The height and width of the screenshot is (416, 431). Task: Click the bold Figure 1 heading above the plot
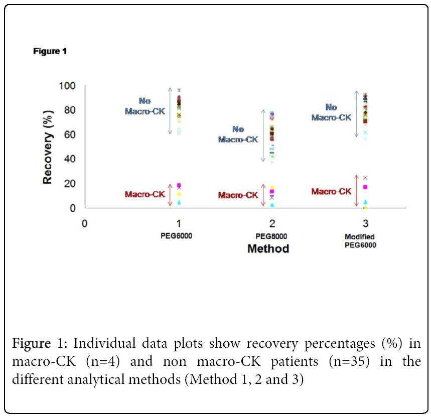[x=50, y=51]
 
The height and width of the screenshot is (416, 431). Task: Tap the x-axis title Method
[x=268, y=248]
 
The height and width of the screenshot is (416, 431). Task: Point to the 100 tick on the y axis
[x=67, y=86]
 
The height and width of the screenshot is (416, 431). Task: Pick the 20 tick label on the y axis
[x=69, y=184]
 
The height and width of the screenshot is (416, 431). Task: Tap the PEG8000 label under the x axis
[x=272, y=236]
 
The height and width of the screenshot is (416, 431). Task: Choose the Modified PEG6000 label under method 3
[x=360, y=241]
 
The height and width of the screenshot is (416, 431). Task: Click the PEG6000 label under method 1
[x=179, y=236]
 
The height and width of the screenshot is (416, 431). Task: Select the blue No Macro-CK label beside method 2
[x=238, y=134]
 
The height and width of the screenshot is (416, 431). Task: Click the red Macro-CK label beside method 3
[x=331, y=192]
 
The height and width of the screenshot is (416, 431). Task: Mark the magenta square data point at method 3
[x=365, y=187]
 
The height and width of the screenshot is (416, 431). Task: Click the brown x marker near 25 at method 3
[x=365, y=178]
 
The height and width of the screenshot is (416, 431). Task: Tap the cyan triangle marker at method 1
[x=179, y=203]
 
